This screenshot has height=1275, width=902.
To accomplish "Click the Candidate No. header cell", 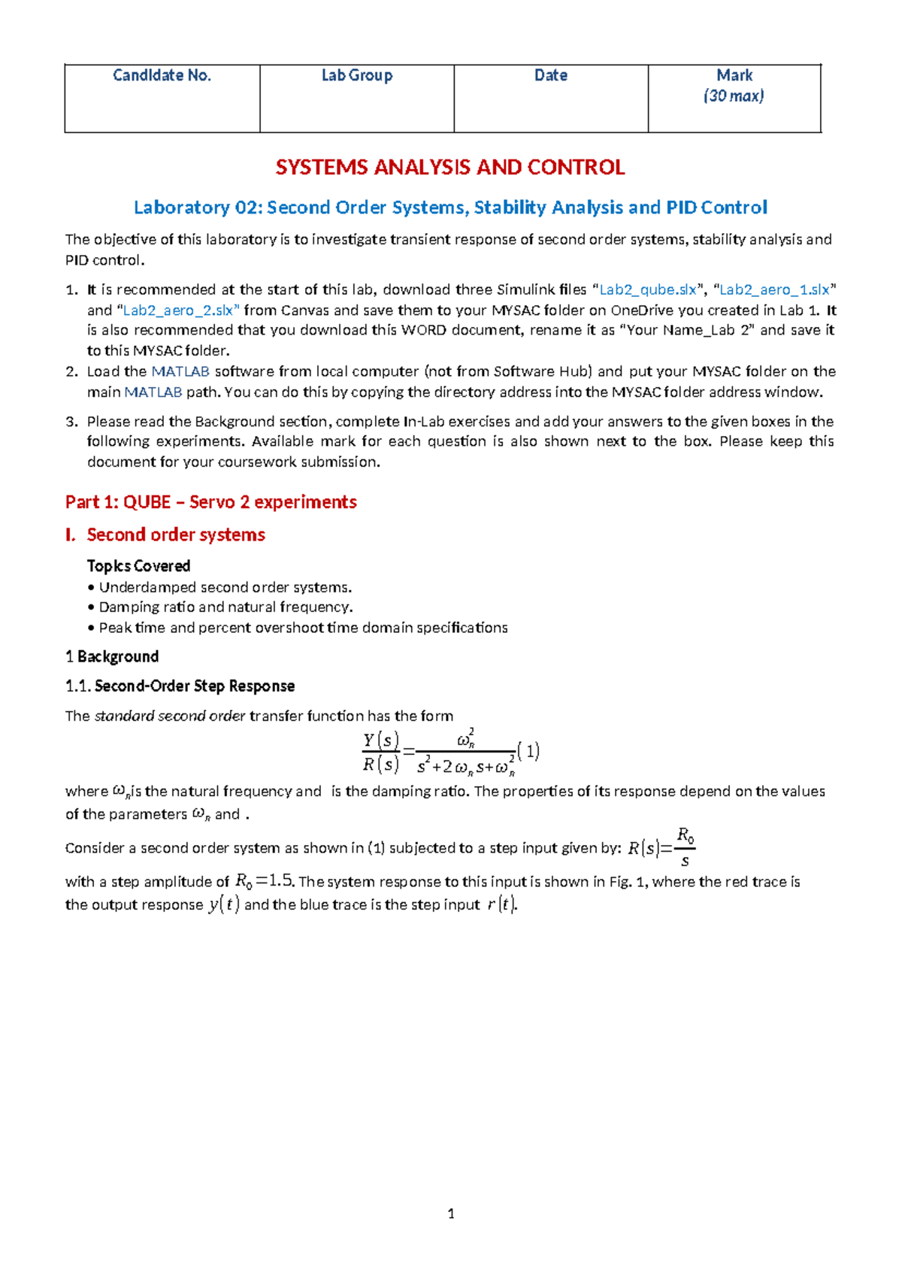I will coord(162,75).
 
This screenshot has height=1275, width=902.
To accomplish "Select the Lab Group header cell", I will coord(356,75).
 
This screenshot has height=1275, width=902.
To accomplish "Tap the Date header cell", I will coord(550,75).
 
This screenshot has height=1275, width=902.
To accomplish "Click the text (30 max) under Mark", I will coord(734,96).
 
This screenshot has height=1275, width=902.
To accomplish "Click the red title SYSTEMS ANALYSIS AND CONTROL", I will coord(449,167).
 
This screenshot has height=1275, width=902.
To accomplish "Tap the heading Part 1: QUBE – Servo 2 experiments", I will coord(210,502).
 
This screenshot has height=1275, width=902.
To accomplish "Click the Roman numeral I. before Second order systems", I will coord(71,535).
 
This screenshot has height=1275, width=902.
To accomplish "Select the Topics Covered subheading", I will coord(138,566).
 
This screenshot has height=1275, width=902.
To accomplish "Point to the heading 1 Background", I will coord(112,657).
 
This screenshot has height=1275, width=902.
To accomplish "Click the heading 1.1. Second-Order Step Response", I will coord(180,686).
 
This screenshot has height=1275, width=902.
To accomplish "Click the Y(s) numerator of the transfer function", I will coord(380,740).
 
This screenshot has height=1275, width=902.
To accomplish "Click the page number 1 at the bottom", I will coord(451,1213).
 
